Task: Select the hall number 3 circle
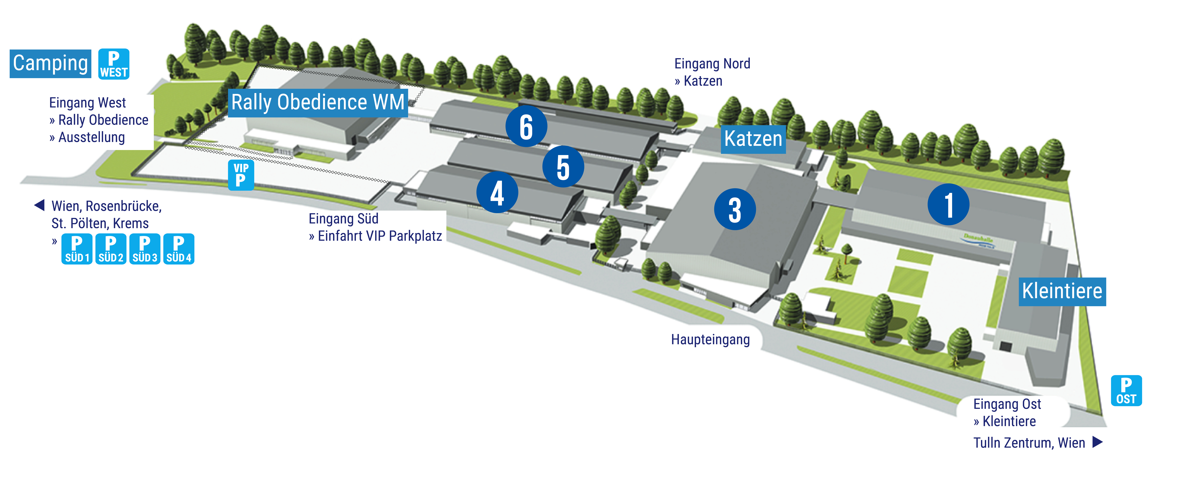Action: point(735,209)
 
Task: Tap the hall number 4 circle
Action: point(497,192)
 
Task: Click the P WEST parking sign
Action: point(114,64)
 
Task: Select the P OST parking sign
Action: point(1126,391)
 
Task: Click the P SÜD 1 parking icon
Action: point(77,249)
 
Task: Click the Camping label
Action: point(50,64)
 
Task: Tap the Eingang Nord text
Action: point(712,64)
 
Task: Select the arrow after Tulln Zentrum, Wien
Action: point(1098,442)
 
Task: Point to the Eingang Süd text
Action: point(343,219)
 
